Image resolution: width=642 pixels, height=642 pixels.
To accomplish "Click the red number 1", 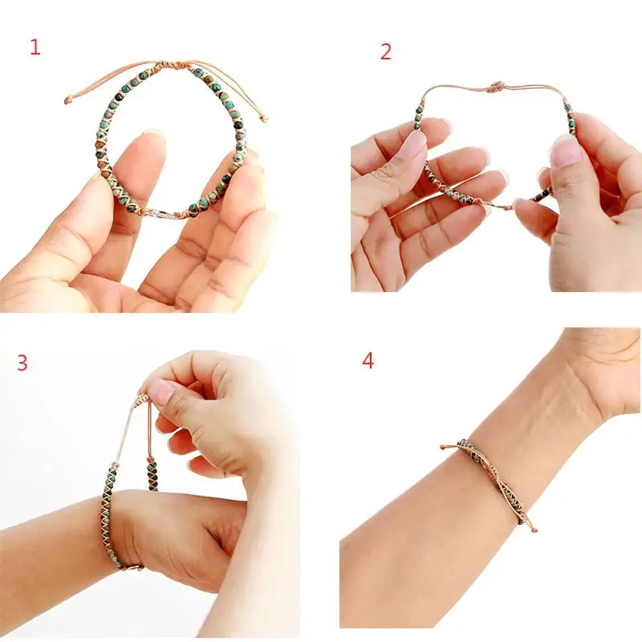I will (35, 47).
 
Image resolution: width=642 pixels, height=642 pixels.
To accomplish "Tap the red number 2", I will (386, 52).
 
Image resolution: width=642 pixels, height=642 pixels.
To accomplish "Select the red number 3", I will (22, 363).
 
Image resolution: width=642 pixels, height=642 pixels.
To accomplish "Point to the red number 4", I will (368, 360).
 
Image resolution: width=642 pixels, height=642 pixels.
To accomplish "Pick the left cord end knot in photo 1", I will (68, 100).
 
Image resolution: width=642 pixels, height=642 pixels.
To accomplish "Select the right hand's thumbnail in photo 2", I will (567, 151).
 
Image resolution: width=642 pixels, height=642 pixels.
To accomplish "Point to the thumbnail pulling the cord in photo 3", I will (160, 392).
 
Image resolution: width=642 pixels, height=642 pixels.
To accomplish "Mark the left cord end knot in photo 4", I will (443, 446).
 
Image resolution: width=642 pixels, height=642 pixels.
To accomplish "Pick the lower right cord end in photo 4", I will (533, 529).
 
